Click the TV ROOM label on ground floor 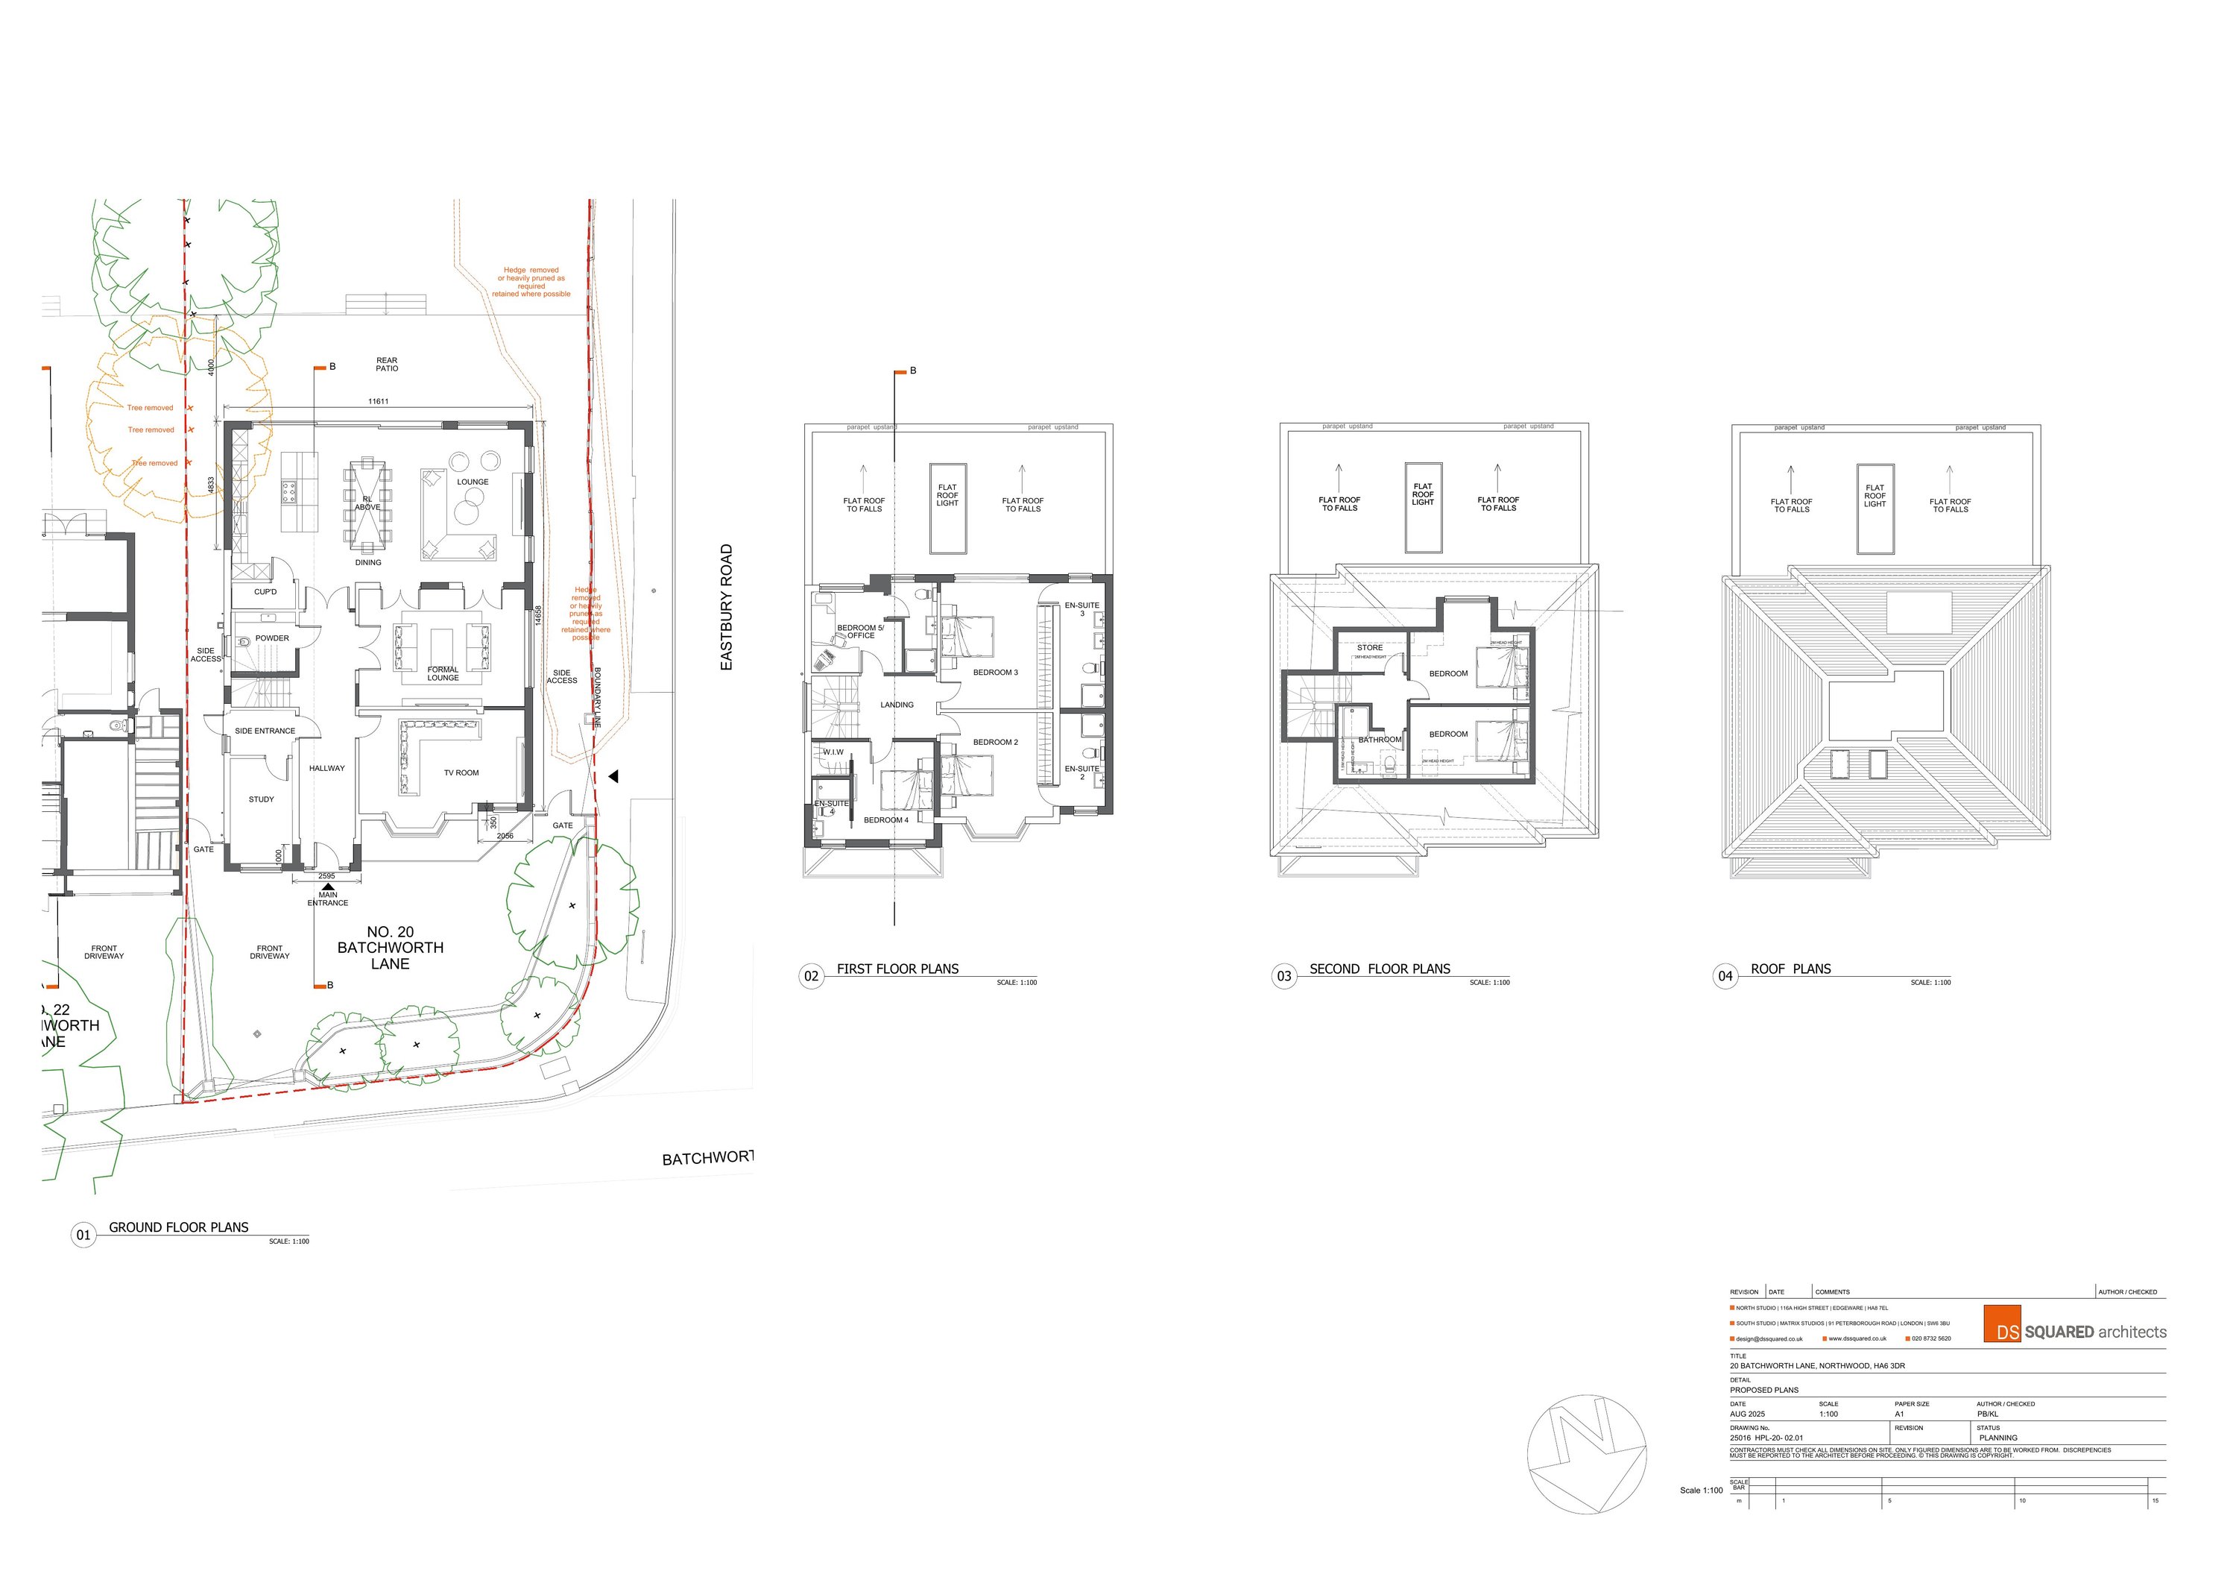pyautogui.click(x=461, y=773)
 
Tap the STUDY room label pyautogui.click(x=261, y=800)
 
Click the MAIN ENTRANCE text pyautogui.click(x=327, y=899)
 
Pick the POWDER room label pyautogui.click(x=273, y=639)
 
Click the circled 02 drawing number pyautogui.click(x=811, y=976)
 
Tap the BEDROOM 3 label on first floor pyautogui.click(x=995, y=673)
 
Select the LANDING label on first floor pyautogui.click(x=897, y=705)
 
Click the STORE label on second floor pyautogui.click(x=1369, y=648)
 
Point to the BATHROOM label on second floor pyautogui.click(x=1379, y=740)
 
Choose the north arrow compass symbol pyautogui.click(x=1585, y=1454)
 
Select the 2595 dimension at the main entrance pyautogui.click(x=326, y=877)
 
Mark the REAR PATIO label pyautogui.click(x=387, y=365)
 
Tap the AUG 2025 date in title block pyautogui.click(x=1747, y=1414)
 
